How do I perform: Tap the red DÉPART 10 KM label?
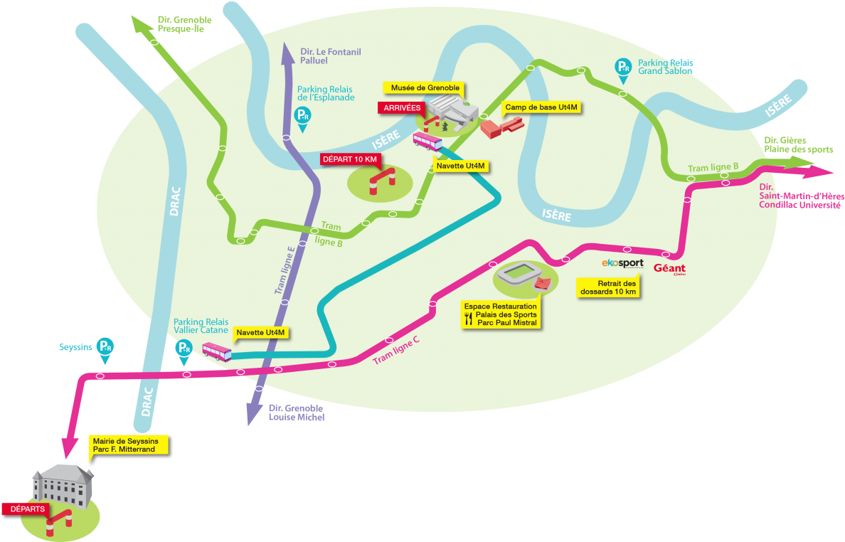tap(350, 159)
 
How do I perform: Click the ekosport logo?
tap(622, 263)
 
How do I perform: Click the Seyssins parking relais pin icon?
tap(105, 346)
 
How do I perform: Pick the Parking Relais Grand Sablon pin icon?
tap(623, 68)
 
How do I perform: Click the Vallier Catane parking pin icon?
tap(184, 349)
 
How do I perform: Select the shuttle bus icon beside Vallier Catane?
tap(216, 351)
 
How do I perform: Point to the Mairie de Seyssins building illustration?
tap(63, 486)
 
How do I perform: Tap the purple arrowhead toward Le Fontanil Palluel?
tap(287, 51)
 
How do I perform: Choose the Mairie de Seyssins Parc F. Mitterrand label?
tap(129, 445)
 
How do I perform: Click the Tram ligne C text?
tap(396, 349)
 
